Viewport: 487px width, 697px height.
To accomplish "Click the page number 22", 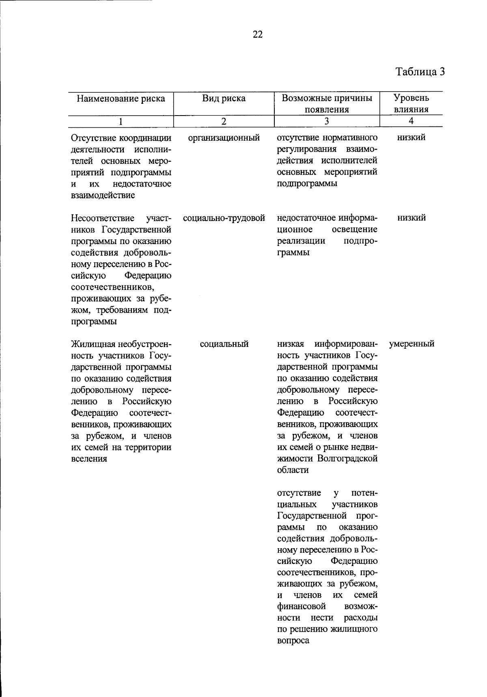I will click(258, 35).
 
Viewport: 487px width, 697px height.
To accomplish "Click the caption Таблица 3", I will click(420, 72).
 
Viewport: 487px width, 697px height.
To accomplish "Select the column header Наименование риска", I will click(121, 99).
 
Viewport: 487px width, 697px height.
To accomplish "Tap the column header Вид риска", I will click(224, 99).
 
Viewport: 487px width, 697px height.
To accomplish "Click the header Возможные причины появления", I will click(327, 104).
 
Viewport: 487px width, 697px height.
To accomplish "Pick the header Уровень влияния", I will click(411, 104).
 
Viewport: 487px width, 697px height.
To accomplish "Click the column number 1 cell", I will click(121, 121).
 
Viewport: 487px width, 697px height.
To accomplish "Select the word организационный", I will click(224, 138).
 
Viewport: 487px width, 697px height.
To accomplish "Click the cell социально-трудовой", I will click(224, 218).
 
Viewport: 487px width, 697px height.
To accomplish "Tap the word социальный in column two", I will click(224, 344).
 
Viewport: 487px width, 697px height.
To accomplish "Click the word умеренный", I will click(412, 344).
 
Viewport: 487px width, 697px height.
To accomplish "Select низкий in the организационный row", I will click(412, 138).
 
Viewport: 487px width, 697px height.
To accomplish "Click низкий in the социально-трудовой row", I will click(412, 218).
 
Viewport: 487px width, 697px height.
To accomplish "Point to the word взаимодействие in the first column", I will click(103, 195).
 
